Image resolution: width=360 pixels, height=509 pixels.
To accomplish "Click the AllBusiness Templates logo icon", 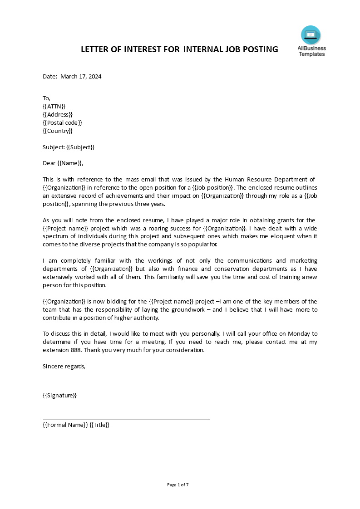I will pos(311,35).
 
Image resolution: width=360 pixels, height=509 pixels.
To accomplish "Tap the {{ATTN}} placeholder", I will pos(54,106).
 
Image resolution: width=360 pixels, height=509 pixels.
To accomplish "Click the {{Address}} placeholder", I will pos(58,114).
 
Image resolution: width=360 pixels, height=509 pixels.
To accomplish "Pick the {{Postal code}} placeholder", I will pos(63,122).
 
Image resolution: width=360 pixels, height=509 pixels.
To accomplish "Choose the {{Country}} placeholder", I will pos(58,131).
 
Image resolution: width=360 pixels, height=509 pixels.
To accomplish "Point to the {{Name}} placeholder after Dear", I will pos(70,163).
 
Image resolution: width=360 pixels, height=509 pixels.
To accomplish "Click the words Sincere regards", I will pos(64,366).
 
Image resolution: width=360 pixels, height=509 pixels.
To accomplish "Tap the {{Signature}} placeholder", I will pos(59,395).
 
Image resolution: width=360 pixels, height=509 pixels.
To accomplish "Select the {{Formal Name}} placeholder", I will pos(65,425).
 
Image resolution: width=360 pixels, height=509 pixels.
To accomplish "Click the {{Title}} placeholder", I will pos(99,425).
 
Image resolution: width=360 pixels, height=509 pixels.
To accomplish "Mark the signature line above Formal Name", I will pos(126,420).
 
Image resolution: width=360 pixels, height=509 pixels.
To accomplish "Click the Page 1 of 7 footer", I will pos(178,485).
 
